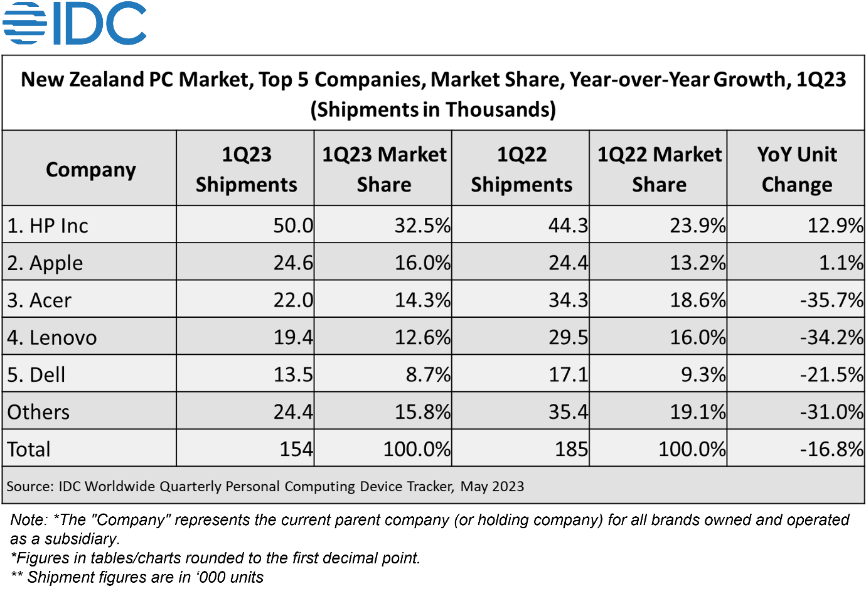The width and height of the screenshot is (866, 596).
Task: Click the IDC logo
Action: (x=74, y=23)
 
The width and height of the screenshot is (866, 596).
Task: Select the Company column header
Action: (x=91, y=170)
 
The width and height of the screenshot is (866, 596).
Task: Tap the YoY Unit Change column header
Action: (x=797, y=169)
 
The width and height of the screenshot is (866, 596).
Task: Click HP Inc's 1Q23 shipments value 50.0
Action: (x=293, y=225)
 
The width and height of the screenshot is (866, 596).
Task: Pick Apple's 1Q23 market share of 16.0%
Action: (x=422, y=263)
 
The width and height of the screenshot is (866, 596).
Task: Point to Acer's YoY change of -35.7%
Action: (x=831, y=300)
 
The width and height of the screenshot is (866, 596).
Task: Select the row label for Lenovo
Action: (x=52, y=337)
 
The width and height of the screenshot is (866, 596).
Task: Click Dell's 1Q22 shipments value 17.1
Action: (x=569, y=375)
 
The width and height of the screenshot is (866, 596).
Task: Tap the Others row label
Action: (x=38, y=412)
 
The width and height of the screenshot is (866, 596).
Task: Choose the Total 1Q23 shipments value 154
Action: (x=296, y=449)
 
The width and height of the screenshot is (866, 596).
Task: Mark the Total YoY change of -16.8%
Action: (x=831, y=449)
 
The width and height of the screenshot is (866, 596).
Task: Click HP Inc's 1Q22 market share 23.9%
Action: (x=697, y=225)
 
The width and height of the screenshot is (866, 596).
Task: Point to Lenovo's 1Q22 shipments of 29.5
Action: (x=569, y=337)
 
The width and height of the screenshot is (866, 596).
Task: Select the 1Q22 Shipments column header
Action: (x=521, y=169)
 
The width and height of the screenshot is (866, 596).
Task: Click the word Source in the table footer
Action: (x=30, y=487)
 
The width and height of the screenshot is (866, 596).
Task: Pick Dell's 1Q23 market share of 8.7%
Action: (x=428, y=375)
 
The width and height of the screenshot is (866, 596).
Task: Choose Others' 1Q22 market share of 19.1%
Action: (x=697, y=412)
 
